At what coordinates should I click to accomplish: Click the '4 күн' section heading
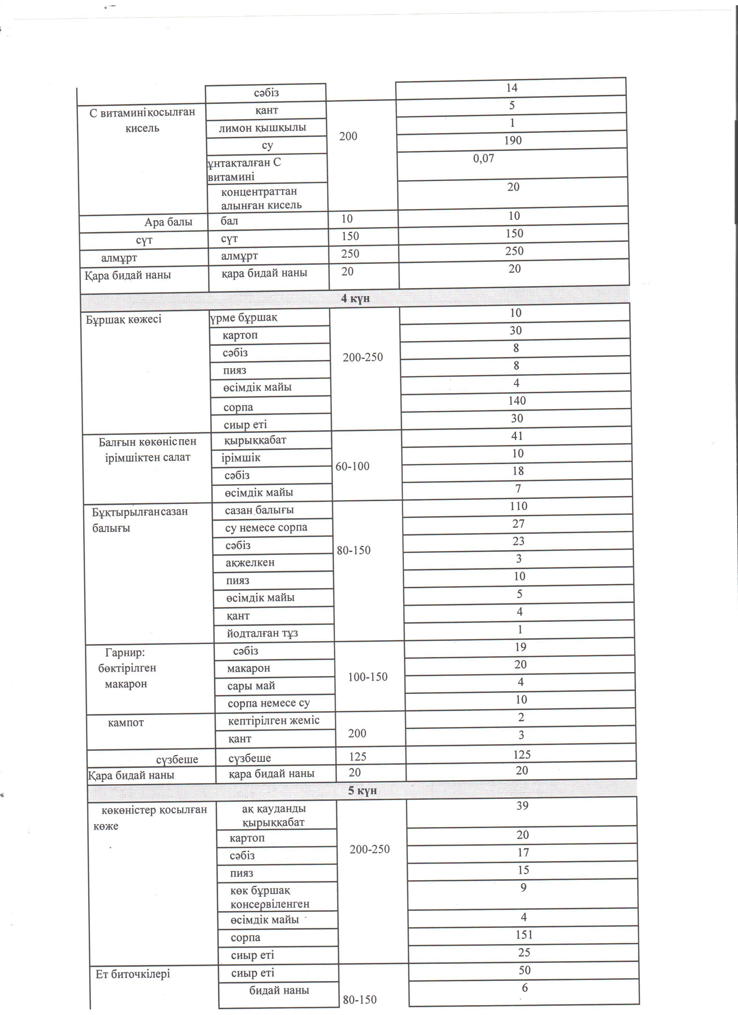pos(355,299)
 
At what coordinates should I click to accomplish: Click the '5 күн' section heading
pos(363,790)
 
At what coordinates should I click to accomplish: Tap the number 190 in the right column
pos(513,141)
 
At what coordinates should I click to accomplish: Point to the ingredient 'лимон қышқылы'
pos(262,128)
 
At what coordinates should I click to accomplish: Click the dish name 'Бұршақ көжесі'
pos(124,319)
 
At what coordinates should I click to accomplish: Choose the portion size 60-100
pos(353,466)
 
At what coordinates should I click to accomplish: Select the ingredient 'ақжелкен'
pos(250,562)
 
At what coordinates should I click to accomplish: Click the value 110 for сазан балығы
pos(518,506)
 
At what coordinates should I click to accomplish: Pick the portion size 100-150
pos(368,677)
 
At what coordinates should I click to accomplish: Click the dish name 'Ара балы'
pos(168,222)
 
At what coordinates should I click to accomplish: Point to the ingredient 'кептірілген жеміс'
pos(273,720)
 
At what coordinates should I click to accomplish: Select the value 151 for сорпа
pos(524,935)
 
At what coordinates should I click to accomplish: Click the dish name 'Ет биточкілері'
pos(133,974)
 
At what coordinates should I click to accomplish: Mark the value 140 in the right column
pos(517,400)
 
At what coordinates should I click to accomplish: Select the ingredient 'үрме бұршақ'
pos(244,318)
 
